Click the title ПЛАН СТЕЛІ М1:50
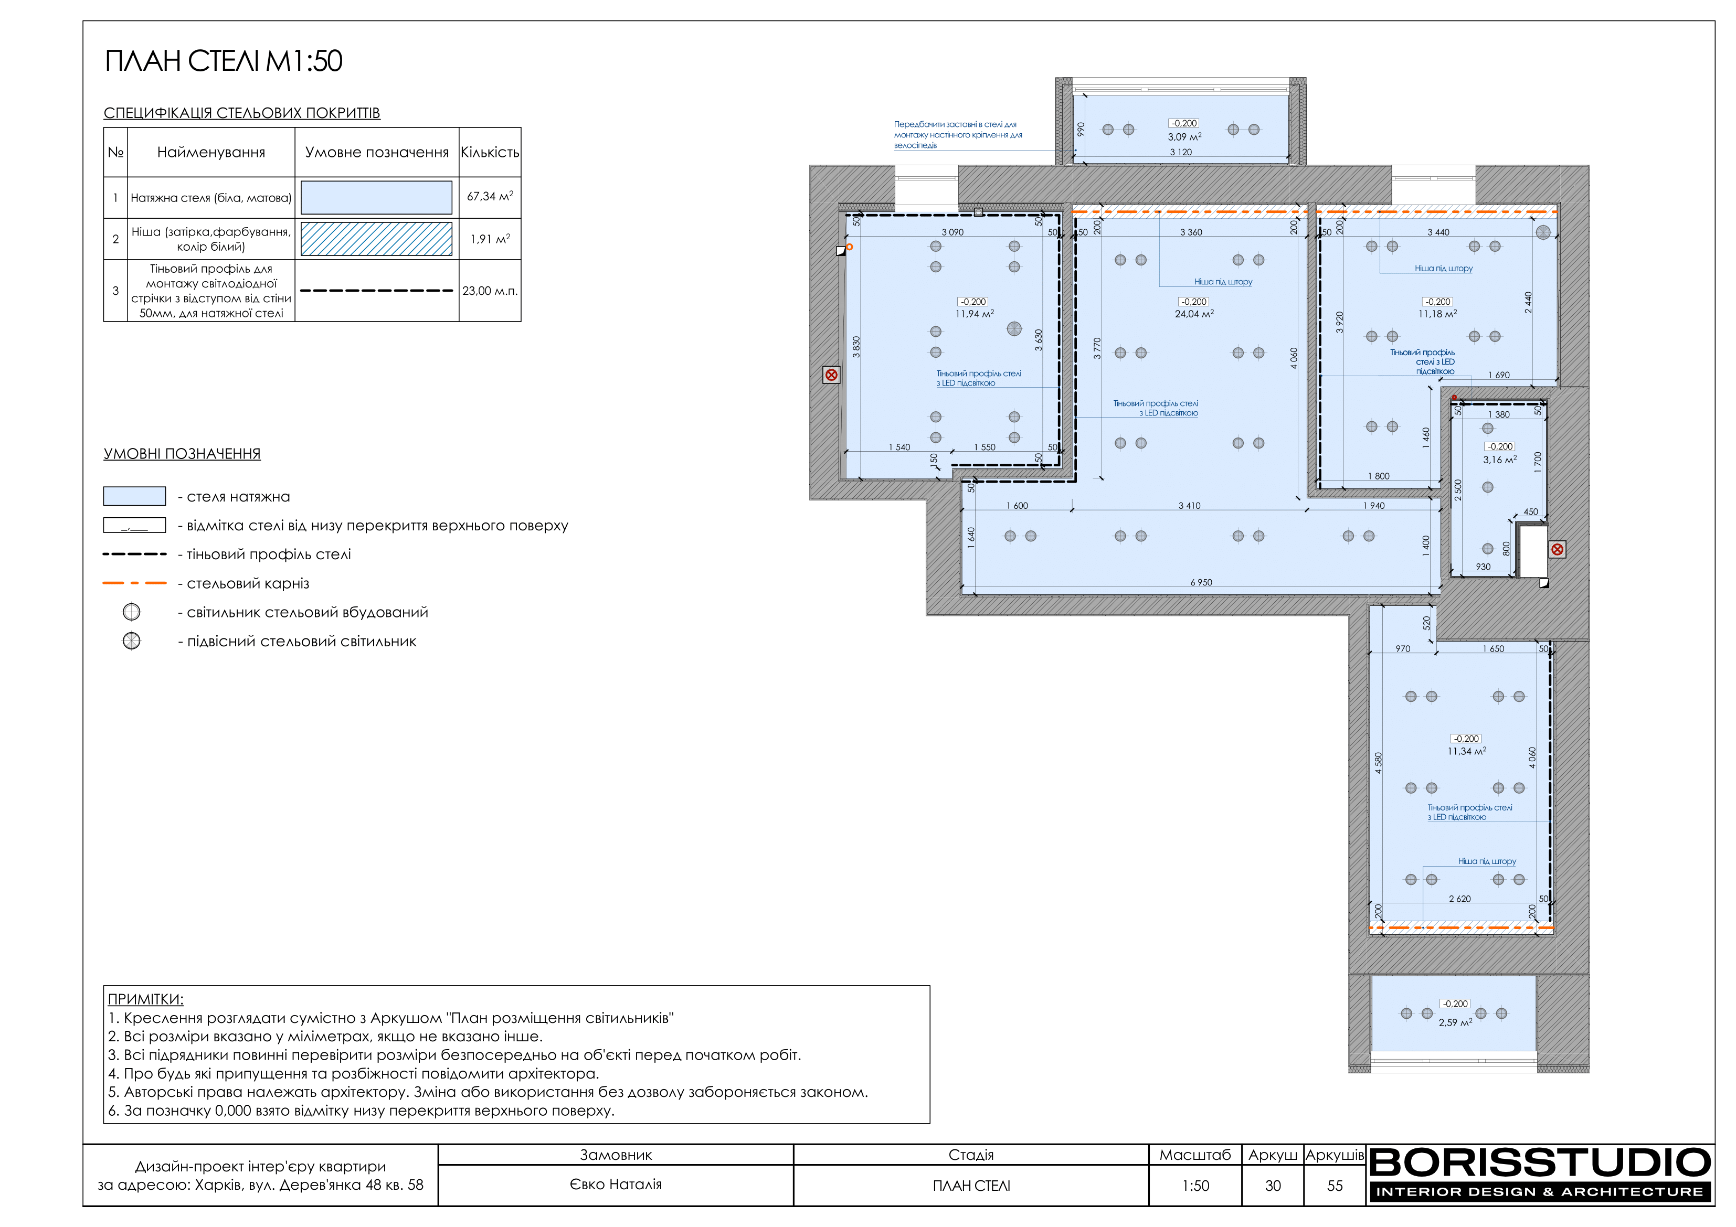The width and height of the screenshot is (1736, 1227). pos(223,61)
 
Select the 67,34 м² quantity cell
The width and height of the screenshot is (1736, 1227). pos(490,197)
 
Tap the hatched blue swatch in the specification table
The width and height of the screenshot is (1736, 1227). pos(377,239)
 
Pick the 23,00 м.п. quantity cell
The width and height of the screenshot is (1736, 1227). pos(490,291)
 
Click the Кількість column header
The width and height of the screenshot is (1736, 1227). pos(490,152)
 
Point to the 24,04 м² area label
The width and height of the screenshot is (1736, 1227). pos(1194,314)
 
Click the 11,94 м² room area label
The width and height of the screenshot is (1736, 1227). pos(975,314)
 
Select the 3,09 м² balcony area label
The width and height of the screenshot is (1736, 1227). pos(1184,137)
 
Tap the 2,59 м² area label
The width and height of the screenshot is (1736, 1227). pos(1455,1022)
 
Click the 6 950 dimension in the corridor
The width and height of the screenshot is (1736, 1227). pos(1201,582)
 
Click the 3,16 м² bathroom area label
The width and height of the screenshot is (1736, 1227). pos(1499,460)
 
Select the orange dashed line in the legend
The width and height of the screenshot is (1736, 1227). pos(134,583)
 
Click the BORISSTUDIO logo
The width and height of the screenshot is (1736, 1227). pos(1540,1174)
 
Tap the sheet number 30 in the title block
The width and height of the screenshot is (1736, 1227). pos(1273,1186)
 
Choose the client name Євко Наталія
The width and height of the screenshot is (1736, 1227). pos(616,1185)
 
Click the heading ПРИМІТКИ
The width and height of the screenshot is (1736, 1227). pos(146,999)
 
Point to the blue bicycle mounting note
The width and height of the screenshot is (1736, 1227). pos(957,135)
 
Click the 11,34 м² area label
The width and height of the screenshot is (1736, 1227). pos(1467,752)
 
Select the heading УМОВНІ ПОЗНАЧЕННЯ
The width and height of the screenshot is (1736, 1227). pos(182,454)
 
